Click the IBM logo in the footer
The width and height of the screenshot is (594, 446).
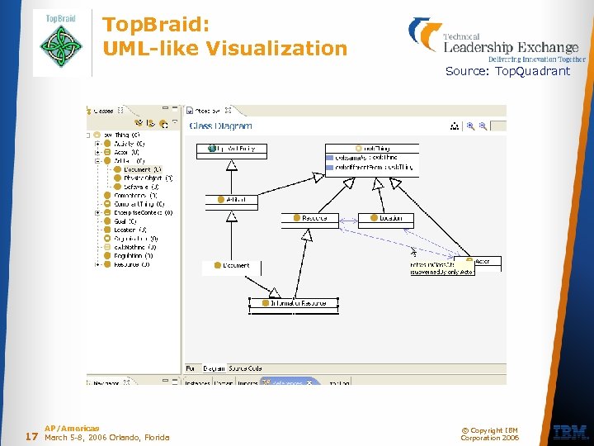tap(570, 431)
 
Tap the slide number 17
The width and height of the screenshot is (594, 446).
tap(32, 436)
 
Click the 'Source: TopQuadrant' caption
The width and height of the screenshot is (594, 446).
tap(507, 71)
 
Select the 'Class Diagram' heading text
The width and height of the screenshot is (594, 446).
tap(221, 126)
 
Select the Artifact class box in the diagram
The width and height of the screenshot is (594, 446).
tap(231, 200)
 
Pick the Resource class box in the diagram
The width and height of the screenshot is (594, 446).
tap(310, 218)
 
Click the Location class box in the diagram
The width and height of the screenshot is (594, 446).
tap(379, 218)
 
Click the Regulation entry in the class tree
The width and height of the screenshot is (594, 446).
tap(132, 255)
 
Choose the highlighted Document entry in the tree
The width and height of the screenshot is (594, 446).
tap(137, 169)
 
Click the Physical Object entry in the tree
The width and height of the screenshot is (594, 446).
tap(144, 178)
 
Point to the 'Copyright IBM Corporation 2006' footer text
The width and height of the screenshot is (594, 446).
tap(489, 434)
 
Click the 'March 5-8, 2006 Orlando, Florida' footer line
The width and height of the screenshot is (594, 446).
tap(106, 438)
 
